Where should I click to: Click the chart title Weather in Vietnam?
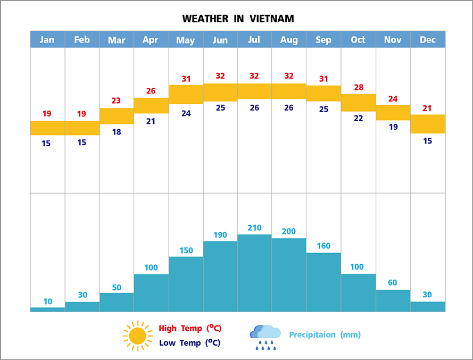[x=238, y=19]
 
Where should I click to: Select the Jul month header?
[x=254, y=40]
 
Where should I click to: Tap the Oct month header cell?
[x=358, y=40]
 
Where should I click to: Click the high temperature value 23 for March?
[x=117, y=101]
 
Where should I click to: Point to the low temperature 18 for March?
[x=117, y=132]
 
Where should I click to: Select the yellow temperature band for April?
[x=151, y=105]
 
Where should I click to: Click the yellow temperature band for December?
[x=428, y=124]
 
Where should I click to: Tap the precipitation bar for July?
[x=254, y=273]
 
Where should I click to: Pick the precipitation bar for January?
[x=47, y=309]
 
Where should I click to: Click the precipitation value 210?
[x=254, y=228]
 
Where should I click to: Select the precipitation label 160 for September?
[x=323, y=246]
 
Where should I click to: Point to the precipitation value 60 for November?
[x=393, y=282]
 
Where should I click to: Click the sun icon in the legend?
[x=137, y=336]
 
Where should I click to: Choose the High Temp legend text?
[x=189, y=329]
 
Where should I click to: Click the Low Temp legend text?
[x=189, y=343]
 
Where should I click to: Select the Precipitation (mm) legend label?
[x=325, y=334]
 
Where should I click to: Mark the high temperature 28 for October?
[x=358, y=87]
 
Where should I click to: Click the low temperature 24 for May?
[x=186, y=113]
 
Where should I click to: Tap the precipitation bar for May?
[x=186, y=284]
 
